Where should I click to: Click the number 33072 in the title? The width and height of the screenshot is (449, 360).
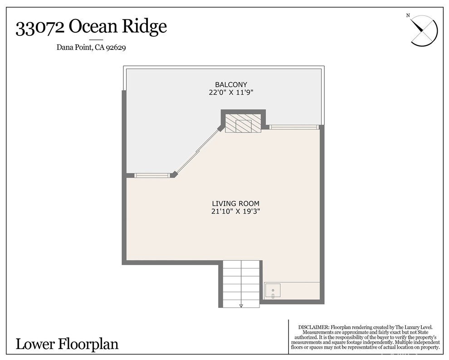(x=40, y=27)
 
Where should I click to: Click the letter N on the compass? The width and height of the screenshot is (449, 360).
(x=408, y=15)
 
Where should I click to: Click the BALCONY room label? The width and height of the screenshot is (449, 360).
(x=231, y=84)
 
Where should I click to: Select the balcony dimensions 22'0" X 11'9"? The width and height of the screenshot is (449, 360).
(x=231, y=92)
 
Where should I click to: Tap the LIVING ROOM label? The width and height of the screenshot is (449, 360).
(x=235, y=204)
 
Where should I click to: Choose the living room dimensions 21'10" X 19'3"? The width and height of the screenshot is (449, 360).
(x=235, y=211)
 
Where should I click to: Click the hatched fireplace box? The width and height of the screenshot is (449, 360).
(x=243, y=123)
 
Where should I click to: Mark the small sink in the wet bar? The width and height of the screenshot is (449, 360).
(x=273, y=290)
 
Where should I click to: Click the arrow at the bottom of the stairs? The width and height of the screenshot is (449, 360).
(x=241, y=306)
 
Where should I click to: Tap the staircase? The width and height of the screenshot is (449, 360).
(x=241, y=283)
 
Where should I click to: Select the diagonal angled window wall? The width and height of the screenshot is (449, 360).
(x=197, y=152)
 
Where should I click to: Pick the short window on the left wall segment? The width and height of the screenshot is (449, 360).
(x=151, y=175)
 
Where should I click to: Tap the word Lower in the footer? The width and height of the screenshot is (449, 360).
(x=35, y=344)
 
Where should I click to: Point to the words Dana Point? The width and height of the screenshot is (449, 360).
(x=74, y=47)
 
